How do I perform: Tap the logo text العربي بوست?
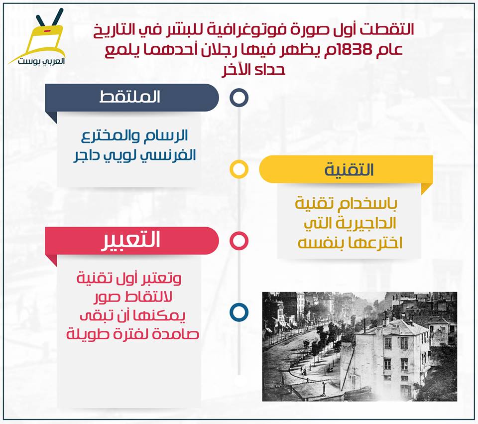pyautogui.click(x=41, y=61)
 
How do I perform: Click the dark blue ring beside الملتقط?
pyautogui.click(x=239, y=98)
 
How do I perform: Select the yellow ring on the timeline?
pyautogui.click(x=239, y=169)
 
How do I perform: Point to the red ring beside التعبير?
pyautogui.click(x=239, y=241)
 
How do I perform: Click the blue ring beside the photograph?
pyautogui.click(x=239, y=312)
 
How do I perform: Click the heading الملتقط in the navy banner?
pyautogui.click(x=130, y=97)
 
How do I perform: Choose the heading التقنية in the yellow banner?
pyautogui.click(x=350, y=169)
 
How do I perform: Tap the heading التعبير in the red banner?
pyautogui.click(x=130, y=240)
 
